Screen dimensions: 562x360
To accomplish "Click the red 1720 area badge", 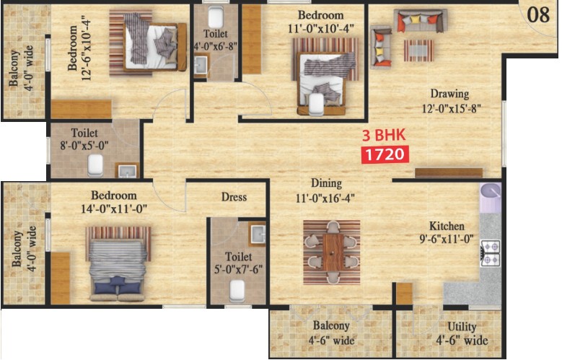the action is click(385, 154).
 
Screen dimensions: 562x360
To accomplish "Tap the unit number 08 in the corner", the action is click(538, 15).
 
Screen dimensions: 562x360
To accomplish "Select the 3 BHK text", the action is click(384, 135).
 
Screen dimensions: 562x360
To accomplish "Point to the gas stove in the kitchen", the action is click(491, 253).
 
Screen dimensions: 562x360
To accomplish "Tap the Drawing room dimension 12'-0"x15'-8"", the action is click(451, 108).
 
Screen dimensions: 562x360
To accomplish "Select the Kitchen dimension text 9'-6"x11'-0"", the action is click(447, 239).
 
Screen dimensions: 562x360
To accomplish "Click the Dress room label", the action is click(234, 197).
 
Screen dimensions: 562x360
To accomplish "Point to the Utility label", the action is click(462, 327).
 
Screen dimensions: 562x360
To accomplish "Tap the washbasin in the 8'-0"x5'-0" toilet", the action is click(128, 171).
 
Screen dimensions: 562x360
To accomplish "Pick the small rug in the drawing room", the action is click(418, 51).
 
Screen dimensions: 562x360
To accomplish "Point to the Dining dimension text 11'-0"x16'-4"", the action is click(325, 198).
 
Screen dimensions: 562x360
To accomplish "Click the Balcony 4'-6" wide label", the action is click(331, 333).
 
